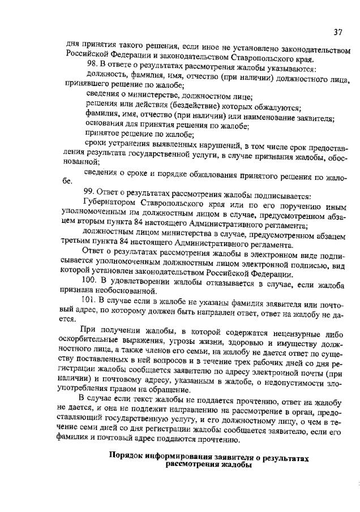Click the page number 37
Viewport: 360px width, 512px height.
pyautogui.click(x=338, y=31)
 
